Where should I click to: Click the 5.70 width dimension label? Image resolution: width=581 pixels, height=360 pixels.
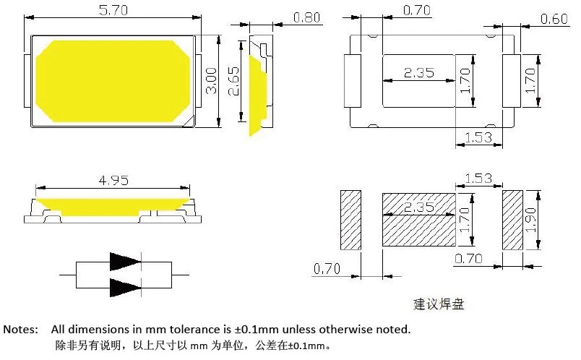pos(113,10)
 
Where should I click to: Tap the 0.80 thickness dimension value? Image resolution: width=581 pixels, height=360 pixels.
pos(306,17)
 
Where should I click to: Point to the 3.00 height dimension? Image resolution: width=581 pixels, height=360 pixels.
pos(211,81)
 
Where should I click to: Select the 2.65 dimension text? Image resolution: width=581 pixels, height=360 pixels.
pos(233,81)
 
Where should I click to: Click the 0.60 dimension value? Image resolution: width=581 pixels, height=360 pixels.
pos(554,19)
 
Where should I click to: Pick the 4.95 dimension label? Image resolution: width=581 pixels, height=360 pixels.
pos(113,181)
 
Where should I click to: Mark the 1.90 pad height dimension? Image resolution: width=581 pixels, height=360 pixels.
pos(530,220)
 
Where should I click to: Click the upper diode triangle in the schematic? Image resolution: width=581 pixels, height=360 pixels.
pos(125,262)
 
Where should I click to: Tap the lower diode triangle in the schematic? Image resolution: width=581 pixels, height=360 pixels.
pos(125,288)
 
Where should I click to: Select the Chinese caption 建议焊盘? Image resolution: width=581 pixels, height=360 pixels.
pos(439,304)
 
